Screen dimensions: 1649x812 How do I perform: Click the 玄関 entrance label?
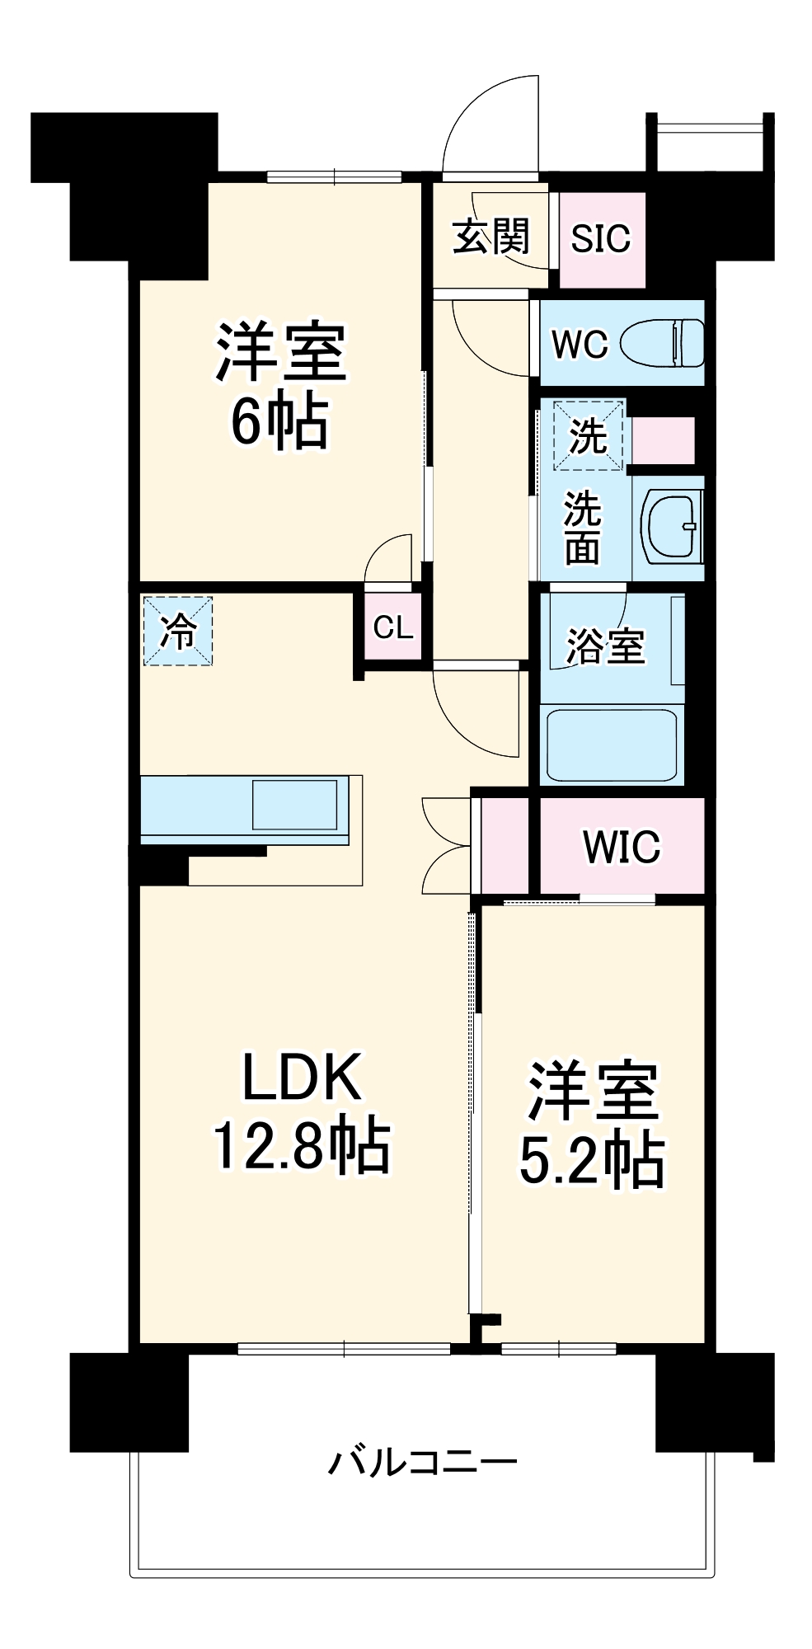[490, 238]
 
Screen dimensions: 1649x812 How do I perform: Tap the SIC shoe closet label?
[600, 239]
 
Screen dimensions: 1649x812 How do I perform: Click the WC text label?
[580, 345]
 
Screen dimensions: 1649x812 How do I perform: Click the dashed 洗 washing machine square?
[588, 435]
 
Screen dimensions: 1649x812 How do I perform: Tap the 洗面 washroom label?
[582, 528]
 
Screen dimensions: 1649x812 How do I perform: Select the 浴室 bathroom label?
[605, 646]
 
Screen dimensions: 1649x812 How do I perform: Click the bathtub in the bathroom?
[612, 745]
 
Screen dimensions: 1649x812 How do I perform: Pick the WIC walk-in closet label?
[622, 847]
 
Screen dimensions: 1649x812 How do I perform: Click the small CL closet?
[392, 627]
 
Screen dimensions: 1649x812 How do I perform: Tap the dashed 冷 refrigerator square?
[178, 632]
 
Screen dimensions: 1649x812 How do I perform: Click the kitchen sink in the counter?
[294, 804]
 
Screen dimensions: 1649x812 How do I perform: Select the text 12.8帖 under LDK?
[302, 1145]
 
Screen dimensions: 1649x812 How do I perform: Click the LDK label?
[302, 1077]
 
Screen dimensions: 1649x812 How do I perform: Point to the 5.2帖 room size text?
[592, 1159]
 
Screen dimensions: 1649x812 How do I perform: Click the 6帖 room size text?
[280, 421]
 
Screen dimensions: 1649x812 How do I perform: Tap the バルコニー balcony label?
[422, 1462]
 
